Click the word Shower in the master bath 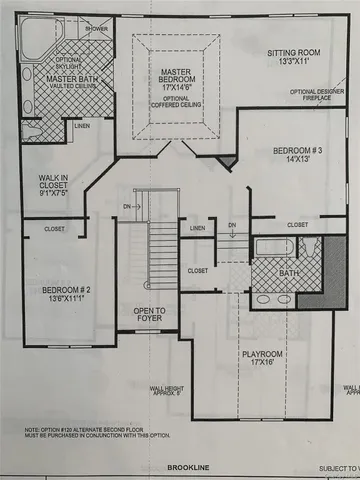click(x=96, y=29)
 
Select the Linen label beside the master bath click(x=81, y=126)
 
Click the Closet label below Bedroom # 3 click(x=297, y=225)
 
